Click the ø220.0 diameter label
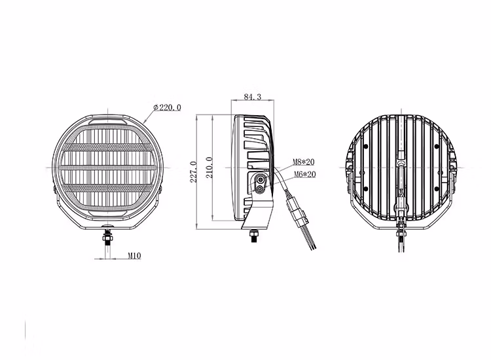coord(167,107)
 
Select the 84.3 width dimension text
coord(252,97)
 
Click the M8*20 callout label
coord(305,162)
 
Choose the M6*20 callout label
coord(305,174)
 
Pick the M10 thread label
coord(134,256)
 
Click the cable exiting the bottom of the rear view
coord(400,239)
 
